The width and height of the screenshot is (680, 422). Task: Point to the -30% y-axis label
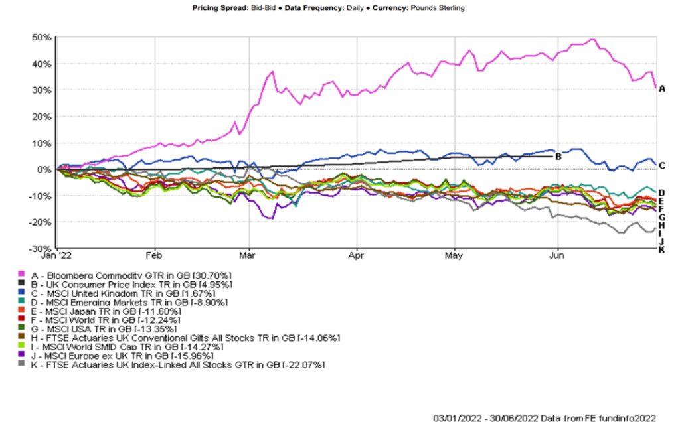[42, 248]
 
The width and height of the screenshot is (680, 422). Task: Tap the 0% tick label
[46, 169]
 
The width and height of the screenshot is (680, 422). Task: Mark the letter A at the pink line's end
[661, 88]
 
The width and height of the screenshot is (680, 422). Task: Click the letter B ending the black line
[558, 157]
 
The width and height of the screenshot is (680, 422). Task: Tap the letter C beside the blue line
[661, 165]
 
